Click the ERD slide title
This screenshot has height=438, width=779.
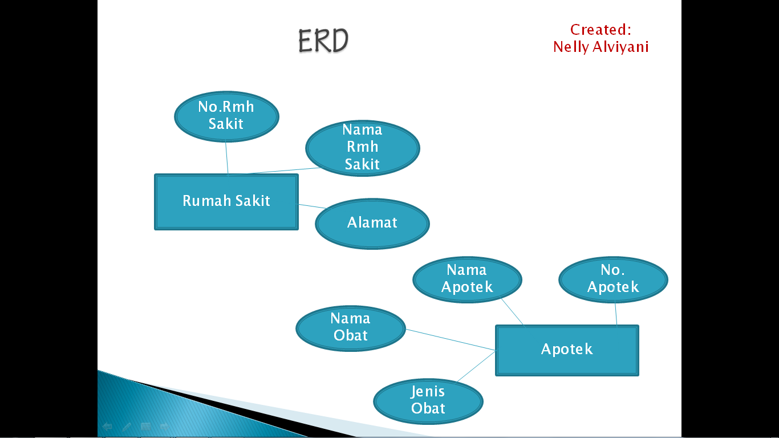323,41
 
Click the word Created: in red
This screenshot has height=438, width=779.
601,30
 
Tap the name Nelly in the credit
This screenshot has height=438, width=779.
571,47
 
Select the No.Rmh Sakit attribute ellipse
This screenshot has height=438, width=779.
226,116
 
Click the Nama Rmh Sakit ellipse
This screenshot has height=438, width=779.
362,147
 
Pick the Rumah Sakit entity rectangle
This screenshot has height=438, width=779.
226,201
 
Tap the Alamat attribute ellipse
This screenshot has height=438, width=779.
372,223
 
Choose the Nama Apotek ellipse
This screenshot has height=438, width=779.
467,278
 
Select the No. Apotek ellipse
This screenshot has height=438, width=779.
613,278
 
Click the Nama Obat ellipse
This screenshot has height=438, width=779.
350,327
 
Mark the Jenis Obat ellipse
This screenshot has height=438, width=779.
428,400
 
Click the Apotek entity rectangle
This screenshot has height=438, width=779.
567,350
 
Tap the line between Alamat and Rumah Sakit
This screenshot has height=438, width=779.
312,206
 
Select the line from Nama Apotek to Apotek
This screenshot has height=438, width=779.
512,312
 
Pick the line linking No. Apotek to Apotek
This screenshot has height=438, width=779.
616,314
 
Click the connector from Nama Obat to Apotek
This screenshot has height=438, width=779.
451,340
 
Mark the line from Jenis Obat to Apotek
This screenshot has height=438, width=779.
476,366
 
